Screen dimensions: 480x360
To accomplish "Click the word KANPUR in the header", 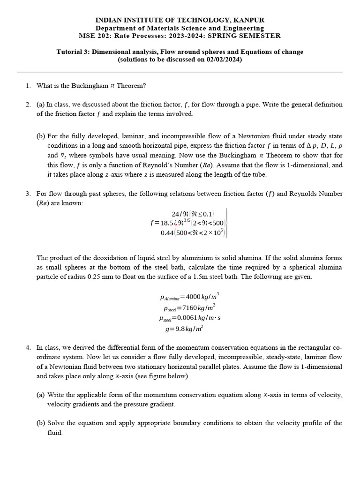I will coord(248,20).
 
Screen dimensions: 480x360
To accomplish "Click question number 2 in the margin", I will coord(28,105).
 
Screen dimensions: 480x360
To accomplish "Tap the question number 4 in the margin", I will coord(28,347).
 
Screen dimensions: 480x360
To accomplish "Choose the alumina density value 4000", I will coord(194,297).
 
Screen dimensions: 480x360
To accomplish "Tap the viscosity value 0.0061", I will coord(187,318).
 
